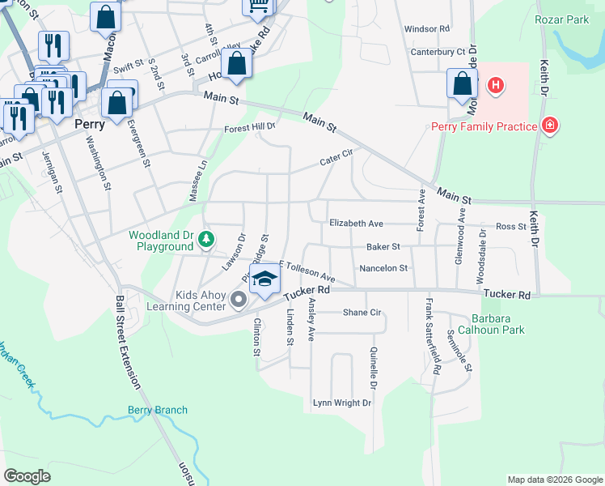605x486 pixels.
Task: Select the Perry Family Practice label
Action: (x=484, y=126)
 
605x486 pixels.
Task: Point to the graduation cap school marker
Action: (x=263, y=282)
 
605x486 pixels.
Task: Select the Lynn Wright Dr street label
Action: (x=342, y=403)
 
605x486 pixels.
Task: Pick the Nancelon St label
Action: (x=383, y=267)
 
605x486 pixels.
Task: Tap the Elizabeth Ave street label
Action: (x=356, y=223)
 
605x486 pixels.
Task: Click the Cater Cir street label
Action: (x=337, y=160)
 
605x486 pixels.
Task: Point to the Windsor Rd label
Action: (x=426, y=28)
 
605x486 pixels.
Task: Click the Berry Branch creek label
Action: (x=158, y=411)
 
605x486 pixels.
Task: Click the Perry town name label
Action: (x=89, y=125)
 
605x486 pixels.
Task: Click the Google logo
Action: (x=27, y=476)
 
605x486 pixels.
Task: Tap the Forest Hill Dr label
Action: (x=250, y=127)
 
